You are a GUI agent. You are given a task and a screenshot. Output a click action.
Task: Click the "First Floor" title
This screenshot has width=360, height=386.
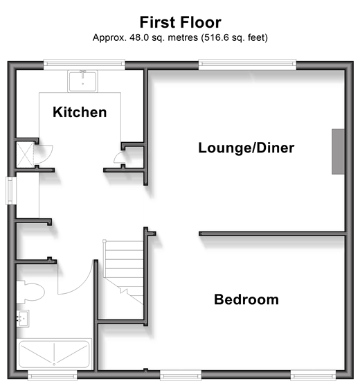pos(180,22)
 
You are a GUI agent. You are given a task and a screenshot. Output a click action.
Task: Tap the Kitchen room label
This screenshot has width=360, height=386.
pos(80,112)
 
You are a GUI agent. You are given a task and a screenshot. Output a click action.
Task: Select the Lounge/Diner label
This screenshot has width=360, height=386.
pos(246,148)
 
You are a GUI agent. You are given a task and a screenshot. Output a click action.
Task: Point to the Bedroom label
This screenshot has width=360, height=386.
pos(246,299)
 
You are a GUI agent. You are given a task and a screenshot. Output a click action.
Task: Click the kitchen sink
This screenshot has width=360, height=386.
pos(82,81)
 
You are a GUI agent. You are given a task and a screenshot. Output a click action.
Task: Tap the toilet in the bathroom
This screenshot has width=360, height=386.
pos(30,292)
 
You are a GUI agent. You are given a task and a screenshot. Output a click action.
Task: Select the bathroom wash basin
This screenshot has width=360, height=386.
pos(23,319)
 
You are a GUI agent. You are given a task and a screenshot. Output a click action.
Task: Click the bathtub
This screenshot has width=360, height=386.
pos(54,354)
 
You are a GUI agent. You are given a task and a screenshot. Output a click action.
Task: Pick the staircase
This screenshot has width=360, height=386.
pos(124,272)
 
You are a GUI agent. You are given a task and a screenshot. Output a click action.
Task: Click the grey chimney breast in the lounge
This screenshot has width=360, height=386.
pos(338,152)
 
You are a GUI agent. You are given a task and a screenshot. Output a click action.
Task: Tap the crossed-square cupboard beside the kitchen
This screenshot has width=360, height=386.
pos(25,155)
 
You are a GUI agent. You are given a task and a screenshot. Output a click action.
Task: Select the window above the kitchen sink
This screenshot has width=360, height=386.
pos(84,64)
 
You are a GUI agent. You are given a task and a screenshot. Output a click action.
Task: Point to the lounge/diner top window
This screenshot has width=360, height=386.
pos(247,64)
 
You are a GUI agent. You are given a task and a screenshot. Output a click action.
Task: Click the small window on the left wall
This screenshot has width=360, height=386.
pos(11,191)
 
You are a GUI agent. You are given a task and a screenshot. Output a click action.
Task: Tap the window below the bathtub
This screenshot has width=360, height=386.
pos(52,376)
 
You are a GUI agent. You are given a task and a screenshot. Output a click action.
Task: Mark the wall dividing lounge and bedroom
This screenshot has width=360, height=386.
pos(271,234)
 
